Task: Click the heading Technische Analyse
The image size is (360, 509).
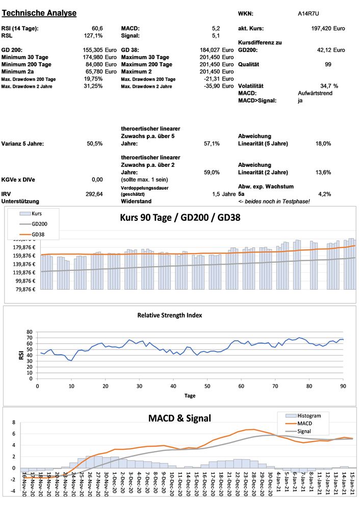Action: point(39,13)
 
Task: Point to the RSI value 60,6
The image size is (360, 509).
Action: point(97,28)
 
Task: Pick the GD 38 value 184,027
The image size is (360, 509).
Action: point(211,50)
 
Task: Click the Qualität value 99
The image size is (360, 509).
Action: point(328,64)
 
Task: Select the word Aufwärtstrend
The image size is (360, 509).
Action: point(316,93)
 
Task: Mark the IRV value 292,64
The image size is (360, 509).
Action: point(94,194)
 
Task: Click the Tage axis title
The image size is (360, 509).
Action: point(189,395)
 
